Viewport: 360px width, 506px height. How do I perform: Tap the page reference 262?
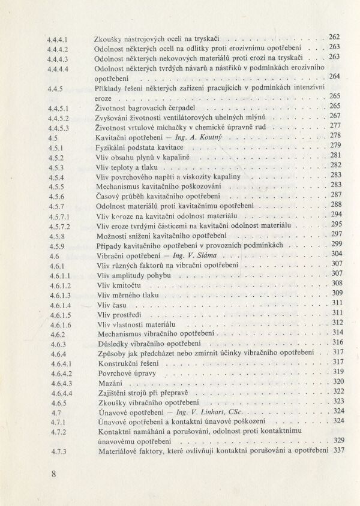pyautogui.click(x=334, y=37)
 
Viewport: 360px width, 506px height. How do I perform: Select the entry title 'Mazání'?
pyautogui.click(x=109, y=382)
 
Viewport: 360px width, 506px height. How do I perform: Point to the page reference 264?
pyautogui.click(x=334, y=76)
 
